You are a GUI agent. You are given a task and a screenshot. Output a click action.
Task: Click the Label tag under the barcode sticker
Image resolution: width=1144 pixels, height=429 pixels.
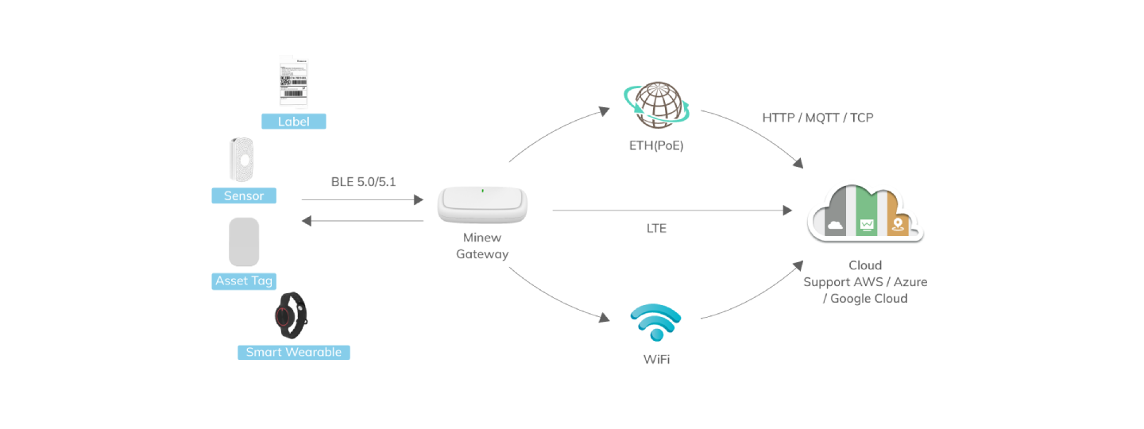293,122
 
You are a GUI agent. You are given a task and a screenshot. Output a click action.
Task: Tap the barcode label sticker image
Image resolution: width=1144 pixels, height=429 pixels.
292,82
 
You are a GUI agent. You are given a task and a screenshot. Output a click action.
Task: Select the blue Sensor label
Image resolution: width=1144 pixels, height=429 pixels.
243,195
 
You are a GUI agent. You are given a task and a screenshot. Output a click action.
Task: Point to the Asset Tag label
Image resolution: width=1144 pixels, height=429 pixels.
244,280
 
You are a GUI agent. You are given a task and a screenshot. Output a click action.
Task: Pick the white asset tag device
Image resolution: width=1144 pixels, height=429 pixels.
244,242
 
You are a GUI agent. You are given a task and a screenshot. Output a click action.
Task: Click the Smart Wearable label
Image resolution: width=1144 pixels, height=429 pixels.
293,352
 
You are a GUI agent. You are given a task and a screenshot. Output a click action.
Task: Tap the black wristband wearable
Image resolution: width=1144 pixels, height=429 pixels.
290,315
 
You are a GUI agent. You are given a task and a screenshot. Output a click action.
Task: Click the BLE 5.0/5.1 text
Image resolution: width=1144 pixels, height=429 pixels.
363,182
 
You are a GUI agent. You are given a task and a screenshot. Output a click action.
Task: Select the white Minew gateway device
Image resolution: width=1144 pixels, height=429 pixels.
482,205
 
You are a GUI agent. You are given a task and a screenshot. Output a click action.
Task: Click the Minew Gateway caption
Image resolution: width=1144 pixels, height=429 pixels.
482,246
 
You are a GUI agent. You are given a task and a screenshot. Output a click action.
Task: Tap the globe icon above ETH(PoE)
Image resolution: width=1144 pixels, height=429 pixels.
656,103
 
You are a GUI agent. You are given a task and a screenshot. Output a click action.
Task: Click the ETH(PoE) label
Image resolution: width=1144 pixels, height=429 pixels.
656,146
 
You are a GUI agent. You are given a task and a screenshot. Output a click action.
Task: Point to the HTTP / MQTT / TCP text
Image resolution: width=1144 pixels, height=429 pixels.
818,118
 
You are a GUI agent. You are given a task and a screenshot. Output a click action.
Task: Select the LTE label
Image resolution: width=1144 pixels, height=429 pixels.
656,229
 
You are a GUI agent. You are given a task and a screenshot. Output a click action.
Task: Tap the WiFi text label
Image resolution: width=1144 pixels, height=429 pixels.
656,360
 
